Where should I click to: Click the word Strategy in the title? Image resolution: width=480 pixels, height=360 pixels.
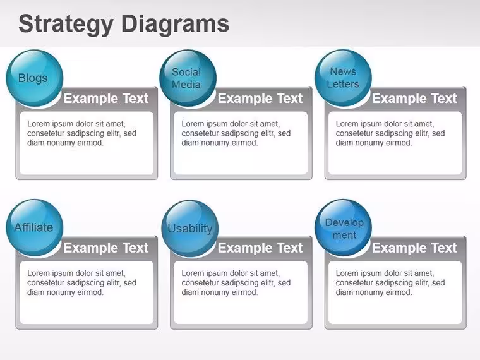coord(66,25)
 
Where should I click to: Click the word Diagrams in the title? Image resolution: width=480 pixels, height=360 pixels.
coord(175,23)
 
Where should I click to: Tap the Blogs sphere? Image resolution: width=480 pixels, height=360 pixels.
coord(34,78)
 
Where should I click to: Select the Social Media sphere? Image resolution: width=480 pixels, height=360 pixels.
coord(188,78)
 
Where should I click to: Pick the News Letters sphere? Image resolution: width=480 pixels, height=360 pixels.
coord(343,78)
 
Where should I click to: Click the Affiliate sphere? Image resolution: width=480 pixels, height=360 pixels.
coord(34,228)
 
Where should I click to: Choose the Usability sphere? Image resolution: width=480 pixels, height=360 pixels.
coord(190,229)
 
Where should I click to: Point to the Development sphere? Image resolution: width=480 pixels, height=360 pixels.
coord(343,228)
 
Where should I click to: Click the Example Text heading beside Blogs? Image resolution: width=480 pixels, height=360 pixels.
coord(106,99)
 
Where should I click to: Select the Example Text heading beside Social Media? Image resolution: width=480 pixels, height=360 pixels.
coord(260,99)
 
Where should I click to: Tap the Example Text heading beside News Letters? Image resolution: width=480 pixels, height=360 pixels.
coord(414,99)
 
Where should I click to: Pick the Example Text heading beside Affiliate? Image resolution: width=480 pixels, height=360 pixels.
coord(106,248)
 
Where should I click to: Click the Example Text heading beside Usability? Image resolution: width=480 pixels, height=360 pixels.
coord(260,248)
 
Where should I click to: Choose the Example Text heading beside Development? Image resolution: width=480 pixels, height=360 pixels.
coord(414,248)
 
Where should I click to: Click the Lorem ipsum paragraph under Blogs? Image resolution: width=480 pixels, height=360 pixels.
coord(81,133)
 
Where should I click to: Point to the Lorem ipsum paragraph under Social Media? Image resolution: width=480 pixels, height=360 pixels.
coord(236,133)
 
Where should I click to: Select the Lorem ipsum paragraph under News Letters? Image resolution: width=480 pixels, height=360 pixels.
coord(390,133)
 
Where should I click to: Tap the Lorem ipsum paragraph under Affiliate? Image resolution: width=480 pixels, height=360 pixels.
coord(81,282)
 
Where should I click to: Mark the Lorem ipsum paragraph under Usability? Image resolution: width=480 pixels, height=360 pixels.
coord(236,282)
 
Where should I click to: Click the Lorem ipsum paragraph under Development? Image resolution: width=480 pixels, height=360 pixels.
coord(390,282)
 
